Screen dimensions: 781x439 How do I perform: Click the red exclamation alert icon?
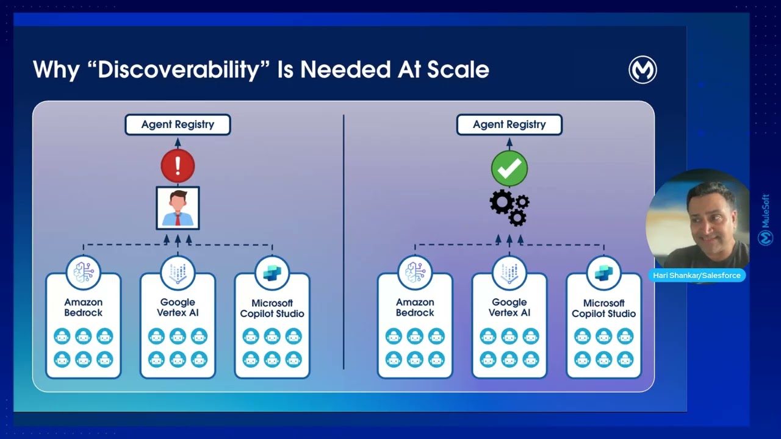[178, 166]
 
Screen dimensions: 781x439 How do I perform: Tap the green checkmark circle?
[509, 168]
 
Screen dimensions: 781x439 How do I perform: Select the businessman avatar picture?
[178, 208]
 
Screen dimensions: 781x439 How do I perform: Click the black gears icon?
[509, 208]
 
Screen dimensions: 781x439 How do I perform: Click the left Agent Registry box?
[178, 124]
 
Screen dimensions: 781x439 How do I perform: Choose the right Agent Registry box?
[509, 124]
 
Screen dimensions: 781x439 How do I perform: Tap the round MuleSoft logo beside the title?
[642, 70]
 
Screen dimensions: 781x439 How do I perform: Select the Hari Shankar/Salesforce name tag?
[697, 275]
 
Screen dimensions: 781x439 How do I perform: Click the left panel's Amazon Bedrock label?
[84, 307]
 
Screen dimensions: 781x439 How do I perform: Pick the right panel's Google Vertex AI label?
[509, 307]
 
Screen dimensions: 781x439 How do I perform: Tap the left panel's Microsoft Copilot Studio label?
[272, 309]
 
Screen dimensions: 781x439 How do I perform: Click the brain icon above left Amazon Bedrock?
[84, 273]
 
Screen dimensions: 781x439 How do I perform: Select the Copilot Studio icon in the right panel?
[604, 273]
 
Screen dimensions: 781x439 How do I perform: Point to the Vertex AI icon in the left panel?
[178, 273]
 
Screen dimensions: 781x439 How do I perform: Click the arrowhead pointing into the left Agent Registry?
[178, 142]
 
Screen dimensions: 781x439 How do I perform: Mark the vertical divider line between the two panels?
[344, 242]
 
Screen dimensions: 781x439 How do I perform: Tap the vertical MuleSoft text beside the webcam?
[766, 211]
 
